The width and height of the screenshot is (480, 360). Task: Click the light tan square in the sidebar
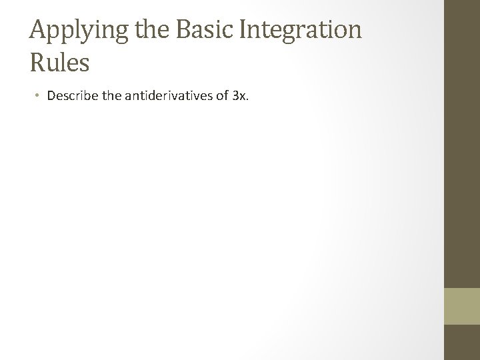point(461,305)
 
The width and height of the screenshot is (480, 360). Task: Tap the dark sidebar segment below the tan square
point(461,343)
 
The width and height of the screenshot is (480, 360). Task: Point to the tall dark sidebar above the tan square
point(461,143)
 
